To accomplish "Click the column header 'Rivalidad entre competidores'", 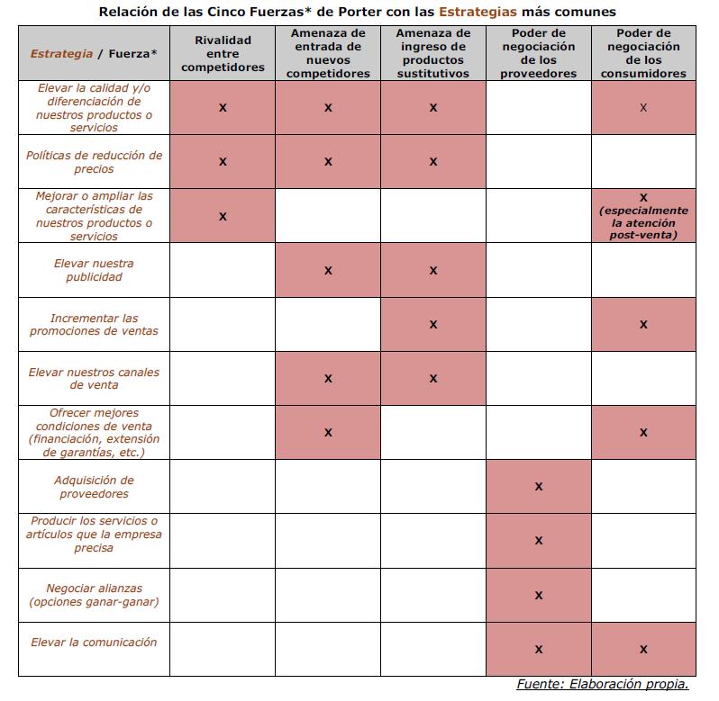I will click(x=223, y=54).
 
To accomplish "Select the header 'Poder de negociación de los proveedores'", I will click(x=538, y=54).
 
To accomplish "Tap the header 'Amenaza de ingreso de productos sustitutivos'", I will click(x=432, y=54).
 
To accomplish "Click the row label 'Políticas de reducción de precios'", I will click(x=94, y=162).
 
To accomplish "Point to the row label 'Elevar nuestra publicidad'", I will click(x=94, y=270).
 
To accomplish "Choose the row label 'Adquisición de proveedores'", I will click(x=94, y=487).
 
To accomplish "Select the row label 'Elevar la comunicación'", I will click(x=94, y=643).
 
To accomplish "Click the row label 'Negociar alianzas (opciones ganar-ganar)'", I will click(x=94, y=595).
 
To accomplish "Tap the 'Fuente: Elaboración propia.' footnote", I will click(x=603, y=685).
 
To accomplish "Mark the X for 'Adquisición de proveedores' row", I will click(x=538, y=487).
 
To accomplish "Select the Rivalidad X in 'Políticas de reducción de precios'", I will click(x=223, y=162).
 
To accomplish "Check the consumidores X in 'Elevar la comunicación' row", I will click(x=643, y=649).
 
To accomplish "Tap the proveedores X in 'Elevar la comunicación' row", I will click(x=538, y=649).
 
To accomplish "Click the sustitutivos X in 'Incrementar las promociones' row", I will click(x=432, y=324).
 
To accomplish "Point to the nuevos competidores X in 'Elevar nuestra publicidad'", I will click(x=328, y=270).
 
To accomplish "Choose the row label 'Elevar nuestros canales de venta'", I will click(x=94, y=378).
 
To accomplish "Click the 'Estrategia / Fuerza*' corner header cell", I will click(x=94, y=54).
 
